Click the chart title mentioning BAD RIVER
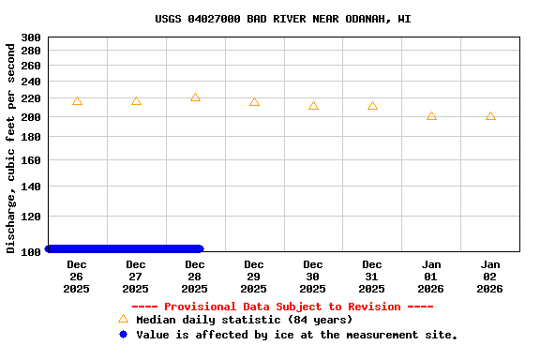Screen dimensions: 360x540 pos(282,19)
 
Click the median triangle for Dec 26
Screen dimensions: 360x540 pos(77,100)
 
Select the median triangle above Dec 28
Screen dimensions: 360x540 pos(195,97)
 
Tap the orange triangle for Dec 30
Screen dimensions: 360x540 pos(313,106)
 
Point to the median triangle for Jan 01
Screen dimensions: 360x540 pos(431,115)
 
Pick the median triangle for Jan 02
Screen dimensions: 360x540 pos(490,115)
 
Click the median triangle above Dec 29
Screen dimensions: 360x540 pos(254,102)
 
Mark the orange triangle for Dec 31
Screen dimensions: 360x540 pos(372,106)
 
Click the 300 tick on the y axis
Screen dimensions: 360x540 pos(31,37)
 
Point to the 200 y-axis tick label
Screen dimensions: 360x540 pos(31,117)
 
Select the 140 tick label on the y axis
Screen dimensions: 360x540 pos(31,187)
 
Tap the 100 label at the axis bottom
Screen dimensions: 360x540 pos(31,251)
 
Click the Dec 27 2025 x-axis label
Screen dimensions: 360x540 pos(136,277)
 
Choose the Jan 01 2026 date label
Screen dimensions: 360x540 pos(431,277)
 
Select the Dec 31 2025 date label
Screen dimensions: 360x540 pos(372,277)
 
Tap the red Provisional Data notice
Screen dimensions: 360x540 pos(282,307)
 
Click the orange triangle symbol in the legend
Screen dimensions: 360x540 pos(123,319)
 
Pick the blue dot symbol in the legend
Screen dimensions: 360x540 pos(123,334)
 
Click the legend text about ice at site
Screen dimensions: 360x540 pos(296,335)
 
